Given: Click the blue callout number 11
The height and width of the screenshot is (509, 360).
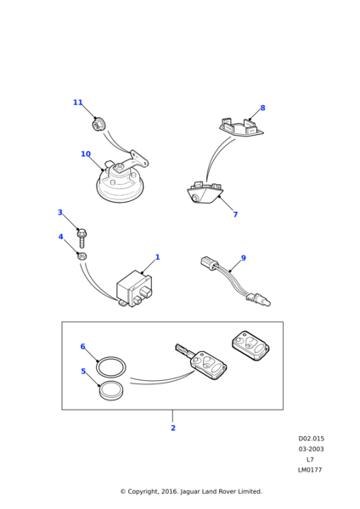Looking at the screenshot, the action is [x=77, y=103].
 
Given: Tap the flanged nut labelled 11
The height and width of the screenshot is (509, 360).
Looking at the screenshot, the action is [x=97, y=124].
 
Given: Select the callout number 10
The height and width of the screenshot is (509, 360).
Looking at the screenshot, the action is [x=86, y=154].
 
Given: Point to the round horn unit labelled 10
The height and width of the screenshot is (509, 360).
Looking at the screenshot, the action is [x=121, y=184].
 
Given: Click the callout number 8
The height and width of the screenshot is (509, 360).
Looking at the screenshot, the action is [x=262, y=108].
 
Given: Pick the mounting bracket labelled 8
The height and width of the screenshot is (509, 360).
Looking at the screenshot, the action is [x=241, y=127].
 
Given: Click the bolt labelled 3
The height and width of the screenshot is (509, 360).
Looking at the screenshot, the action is [x=82, y=238].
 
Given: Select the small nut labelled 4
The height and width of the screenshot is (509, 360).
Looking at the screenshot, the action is [x=82, y=256].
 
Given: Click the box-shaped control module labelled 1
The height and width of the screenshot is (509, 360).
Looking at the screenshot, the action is [x=134, y=288].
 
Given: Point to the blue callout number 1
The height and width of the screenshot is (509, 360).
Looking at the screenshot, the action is [x=158, y=257].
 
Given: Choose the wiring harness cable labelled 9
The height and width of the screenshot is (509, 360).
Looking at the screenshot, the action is [x=235, y=282].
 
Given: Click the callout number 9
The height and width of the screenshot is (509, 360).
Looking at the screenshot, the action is [x=244, y=258].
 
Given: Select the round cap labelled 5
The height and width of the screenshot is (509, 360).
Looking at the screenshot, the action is [x=111, y=390].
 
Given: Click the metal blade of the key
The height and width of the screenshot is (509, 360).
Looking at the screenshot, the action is [x=183, y=350].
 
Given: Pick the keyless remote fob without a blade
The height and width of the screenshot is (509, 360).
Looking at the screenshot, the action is [x=250, y=346].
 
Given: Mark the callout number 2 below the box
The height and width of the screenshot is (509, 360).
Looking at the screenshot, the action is [x=173, y=428].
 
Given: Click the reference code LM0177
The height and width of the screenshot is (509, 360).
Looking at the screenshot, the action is [x=310, y=470].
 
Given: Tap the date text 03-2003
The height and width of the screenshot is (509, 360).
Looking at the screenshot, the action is [x=312, y=450].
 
